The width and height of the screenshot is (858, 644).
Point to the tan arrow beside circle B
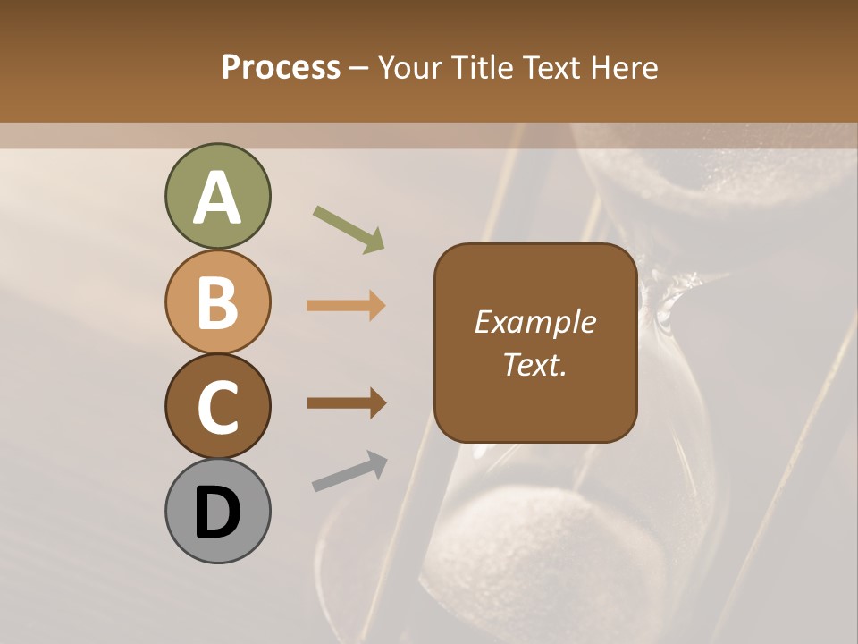(346, 305)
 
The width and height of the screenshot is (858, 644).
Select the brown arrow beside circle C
(346, 403)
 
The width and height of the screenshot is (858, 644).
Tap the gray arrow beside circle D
(349, 471)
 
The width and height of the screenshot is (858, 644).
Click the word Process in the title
(281, 68)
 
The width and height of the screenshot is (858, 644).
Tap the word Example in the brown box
(534, 322)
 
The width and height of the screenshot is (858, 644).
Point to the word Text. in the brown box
(534, 365)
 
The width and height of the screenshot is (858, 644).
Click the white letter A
(217, 199)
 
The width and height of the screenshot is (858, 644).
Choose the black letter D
(217, 513)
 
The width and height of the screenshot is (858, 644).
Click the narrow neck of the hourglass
(666, 300)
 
